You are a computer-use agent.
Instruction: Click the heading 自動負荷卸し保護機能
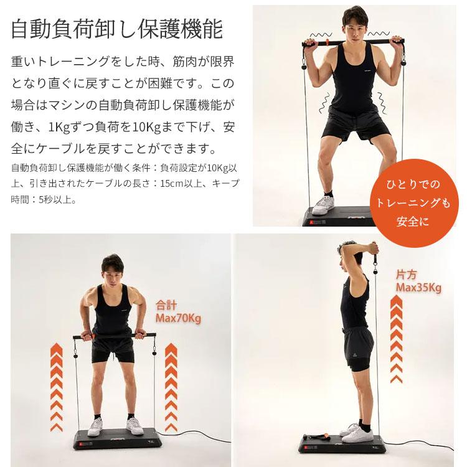pyautogui.click(x=117, y=29)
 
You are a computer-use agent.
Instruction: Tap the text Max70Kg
pyautogui.click(x=178, y=319)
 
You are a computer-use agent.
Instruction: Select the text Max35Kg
pyautogui.click(x=418, y=288)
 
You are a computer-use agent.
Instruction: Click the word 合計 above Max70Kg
pyautogui.click(x=166, y=305)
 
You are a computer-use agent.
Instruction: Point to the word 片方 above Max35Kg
pyautogui.click(x=406, y=275)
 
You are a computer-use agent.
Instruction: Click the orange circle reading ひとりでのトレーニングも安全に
pyautogui.click(x=414, y=203)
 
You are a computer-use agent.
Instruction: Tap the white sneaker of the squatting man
pyautogui.click(x=323, y=205)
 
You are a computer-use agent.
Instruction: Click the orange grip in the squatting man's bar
pyautogui.click(x=328, y=42)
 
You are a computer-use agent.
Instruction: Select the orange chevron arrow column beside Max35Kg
pyautogui.click(x=396, y=339)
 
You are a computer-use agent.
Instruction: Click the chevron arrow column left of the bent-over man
pyautogui.click(x=57, y=387)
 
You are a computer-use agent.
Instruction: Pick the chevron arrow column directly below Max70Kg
pyautogui.click(x=171, y=387)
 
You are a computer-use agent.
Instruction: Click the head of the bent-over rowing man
pyautogui.click(x=112, y=269)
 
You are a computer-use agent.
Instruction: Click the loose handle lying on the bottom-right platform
pyautogui.click(x=316, y=439)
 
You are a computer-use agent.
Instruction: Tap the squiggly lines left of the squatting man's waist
pyautogui.click(x=324, y=103)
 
